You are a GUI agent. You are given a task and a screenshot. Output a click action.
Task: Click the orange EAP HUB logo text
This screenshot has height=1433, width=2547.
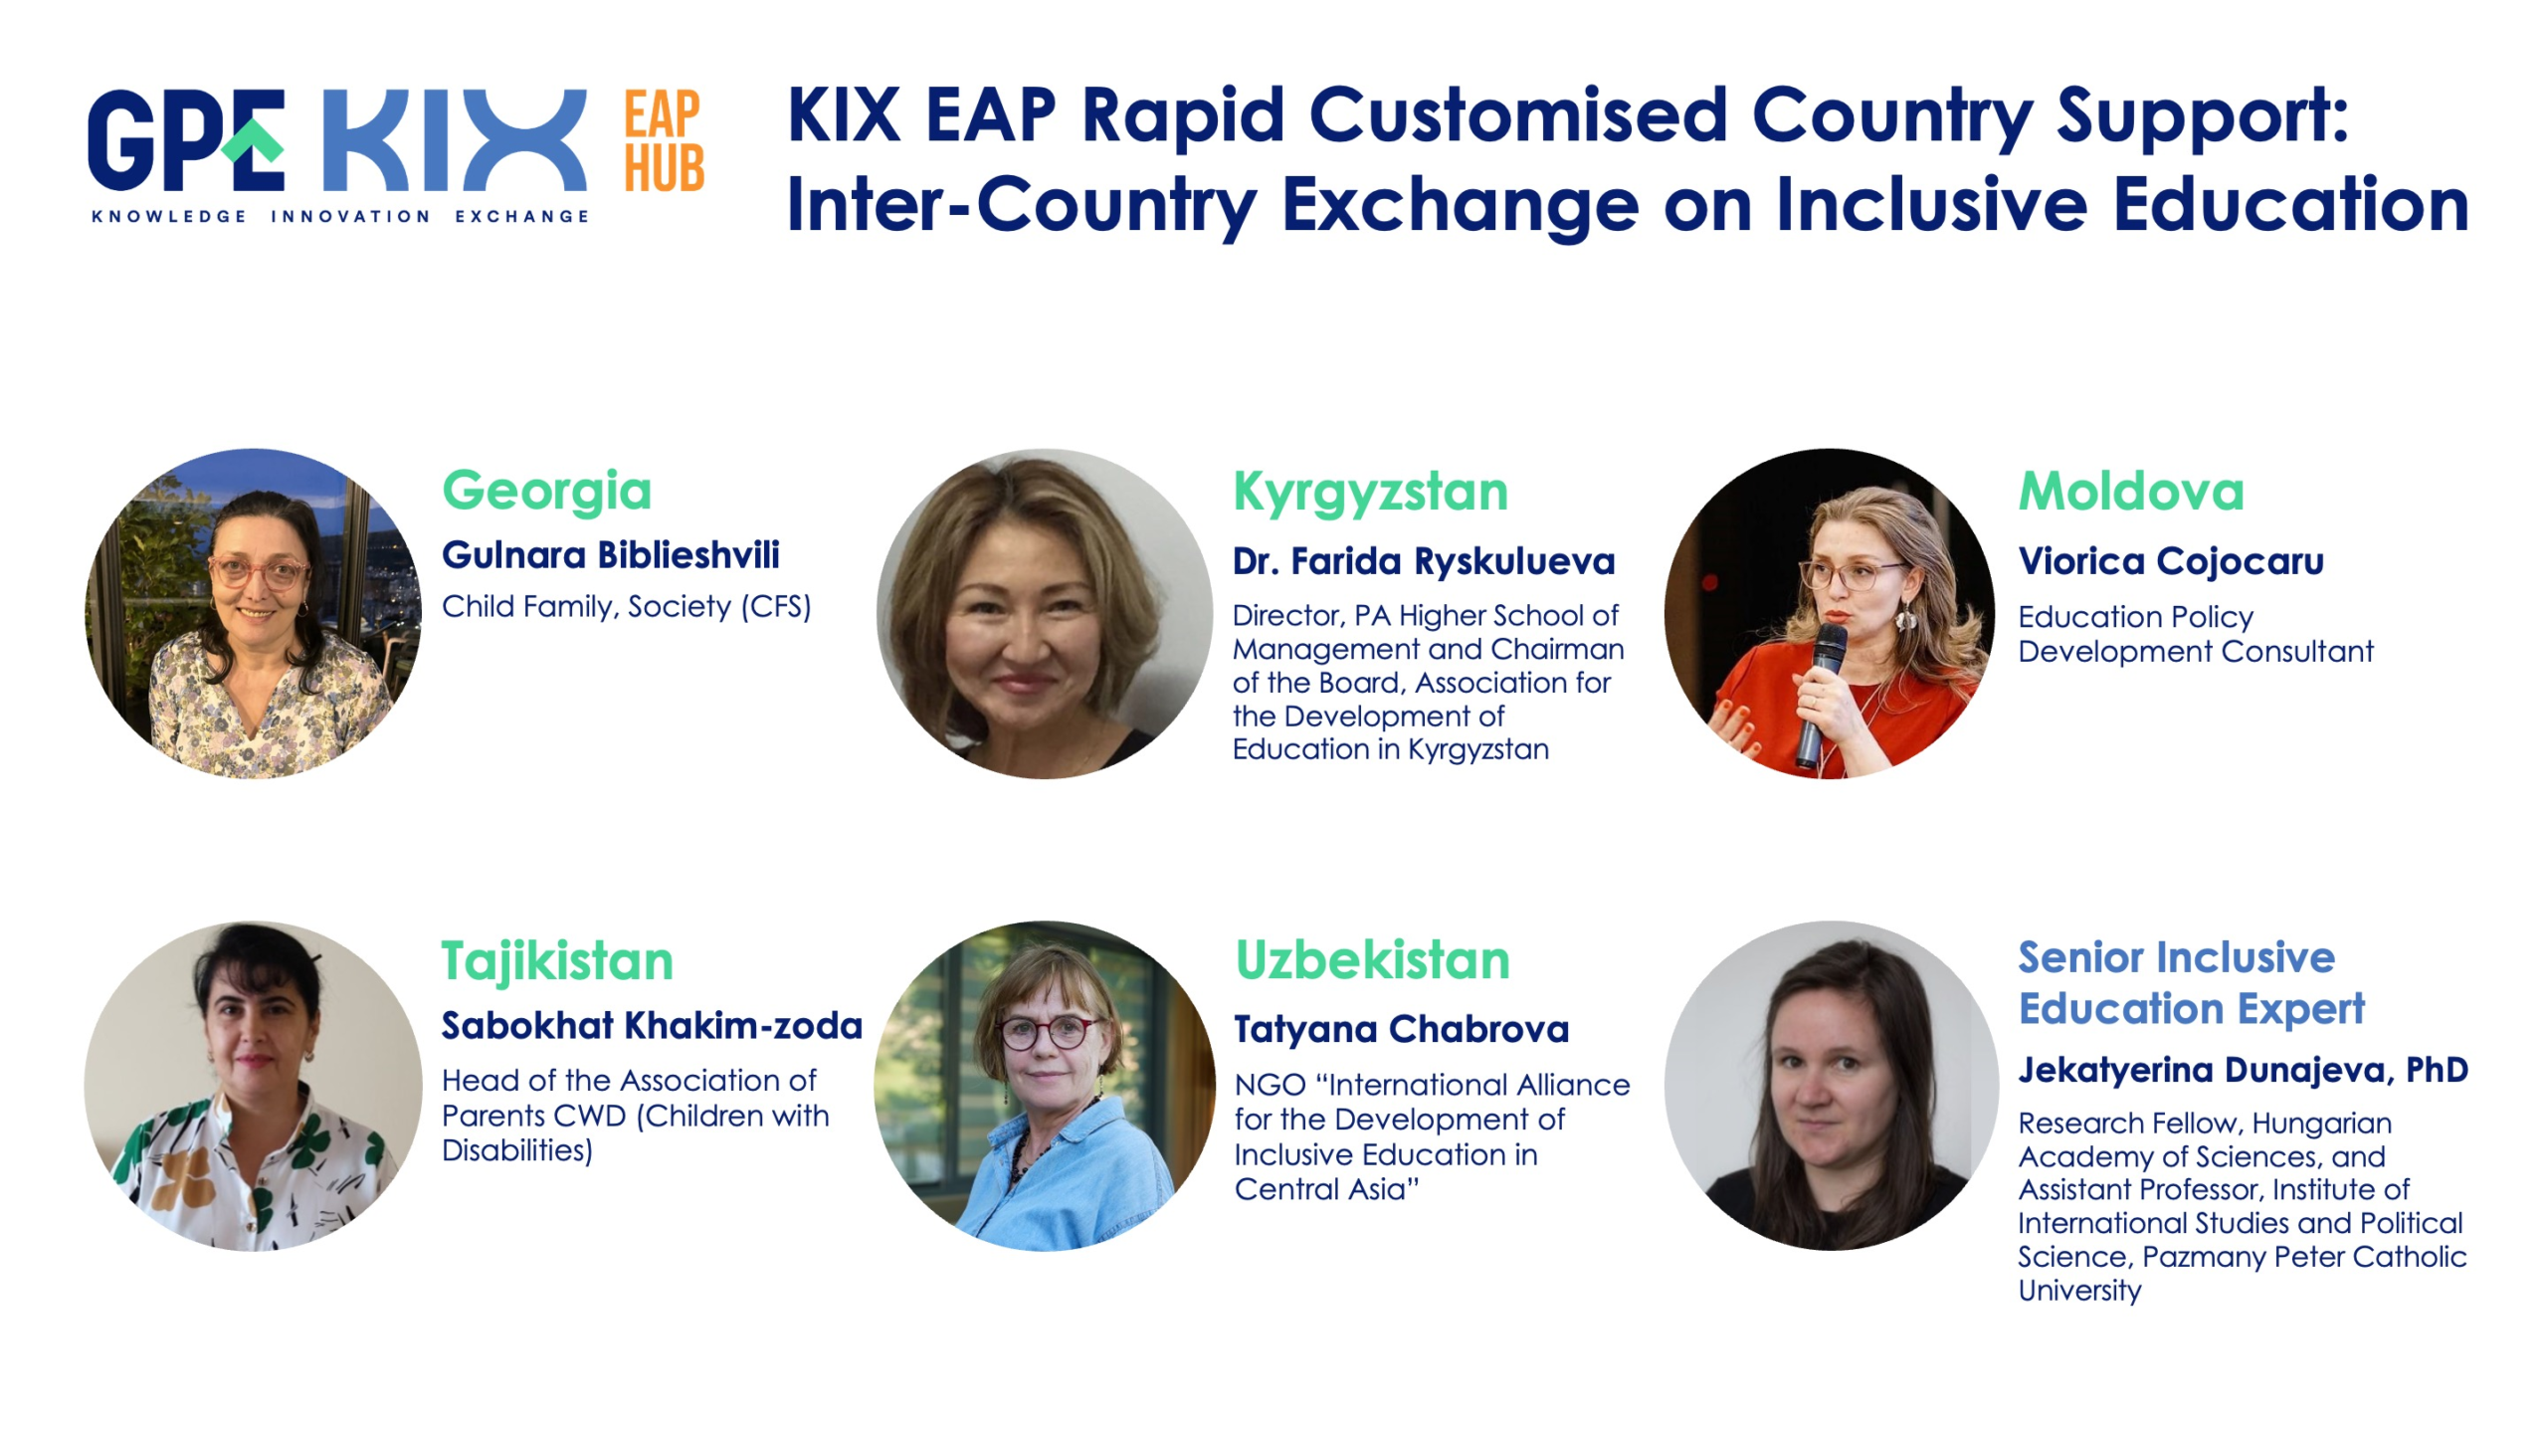(x=664, y=140)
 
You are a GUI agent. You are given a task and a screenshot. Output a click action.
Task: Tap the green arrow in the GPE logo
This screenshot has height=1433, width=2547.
(x=253, y=141)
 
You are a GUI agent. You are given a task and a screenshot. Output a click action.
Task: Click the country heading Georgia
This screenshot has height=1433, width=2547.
(x=546, y=492)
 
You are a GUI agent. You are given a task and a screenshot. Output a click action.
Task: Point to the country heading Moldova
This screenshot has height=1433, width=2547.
(x=2131, y=492)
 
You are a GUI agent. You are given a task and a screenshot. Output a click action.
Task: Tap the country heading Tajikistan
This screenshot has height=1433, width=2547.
(x=557, y=962)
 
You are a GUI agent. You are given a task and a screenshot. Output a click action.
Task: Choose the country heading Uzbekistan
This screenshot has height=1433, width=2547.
(x=1372, y=960)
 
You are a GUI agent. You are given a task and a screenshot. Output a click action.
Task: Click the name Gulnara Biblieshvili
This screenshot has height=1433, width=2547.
(x=611, y=555)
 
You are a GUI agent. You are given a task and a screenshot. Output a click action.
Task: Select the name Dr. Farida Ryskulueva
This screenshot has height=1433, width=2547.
(x=1424, y=562)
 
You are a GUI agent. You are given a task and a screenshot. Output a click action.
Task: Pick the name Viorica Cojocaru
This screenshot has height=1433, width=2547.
(x=2171, y=561)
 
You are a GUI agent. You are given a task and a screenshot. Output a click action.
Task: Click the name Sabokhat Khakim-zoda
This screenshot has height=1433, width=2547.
(x=652, y=1026)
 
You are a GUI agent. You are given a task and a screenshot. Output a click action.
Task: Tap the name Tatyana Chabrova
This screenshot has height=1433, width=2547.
(x=1401, y=1030)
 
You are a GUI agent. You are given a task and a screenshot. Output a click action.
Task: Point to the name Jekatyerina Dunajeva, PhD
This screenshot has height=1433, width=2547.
(x=2244, y=1071)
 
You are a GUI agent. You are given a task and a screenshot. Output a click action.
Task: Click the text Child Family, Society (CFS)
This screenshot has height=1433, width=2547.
(x=627, y=607)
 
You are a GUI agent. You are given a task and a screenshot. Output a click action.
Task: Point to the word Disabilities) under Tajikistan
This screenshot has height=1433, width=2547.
(x=517, y=1151)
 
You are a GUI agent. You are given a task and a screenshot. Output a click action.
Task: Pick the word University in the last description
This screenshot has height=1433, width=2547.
(x=2079, y=1291)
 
